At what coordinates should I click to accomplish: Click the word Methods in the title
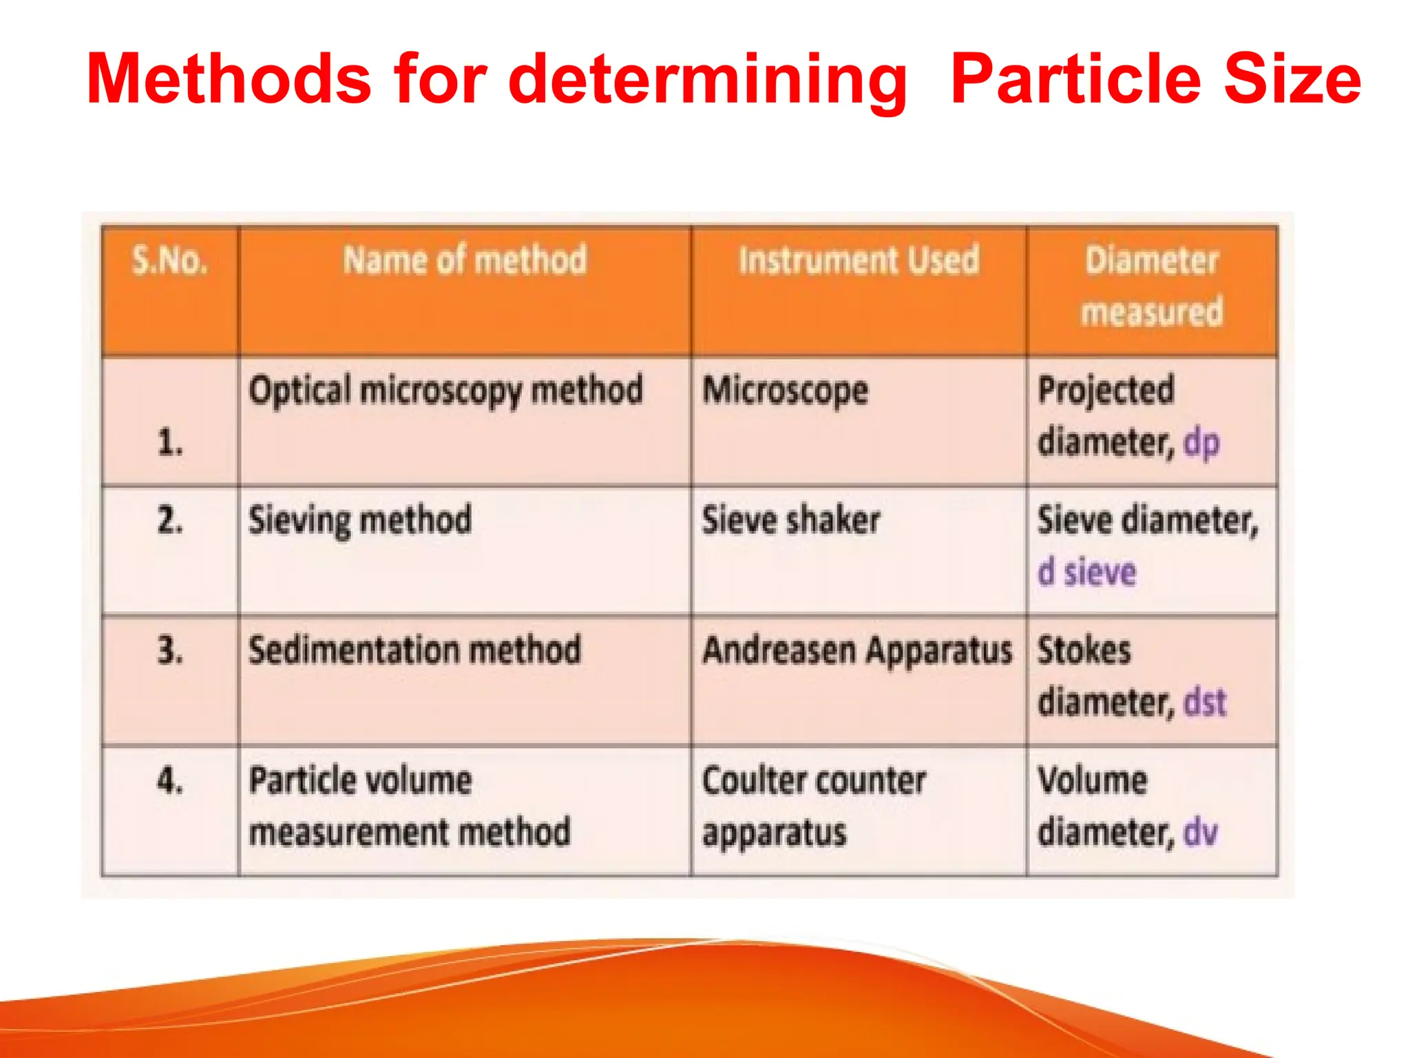pos(229,79)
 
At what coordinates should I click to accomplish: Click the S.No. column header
pos(169,260)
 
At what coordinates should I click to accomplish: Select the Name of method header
pos(465,260)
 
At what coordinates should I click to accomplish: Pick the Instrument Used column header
pos(859,260)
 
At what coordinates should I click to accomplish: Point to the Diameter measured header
pos(1152,286)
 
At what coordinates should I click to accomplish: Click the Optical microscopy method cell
pos(445,391)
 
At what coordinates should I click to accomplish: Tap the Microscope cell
pos(785,391)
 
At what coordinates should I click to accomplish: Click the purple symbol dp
pos(1201,443)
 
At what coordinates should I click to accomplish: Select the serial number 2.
pos(170,520)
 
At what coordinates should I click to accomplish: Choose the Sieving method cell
pos(360,520)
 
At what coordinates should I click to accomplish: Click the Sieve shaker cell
pos(791,520)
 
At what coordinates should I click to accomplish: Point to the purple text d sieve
pos(1087,572)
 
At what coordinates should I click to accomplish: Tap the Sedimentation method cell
pos(414,650)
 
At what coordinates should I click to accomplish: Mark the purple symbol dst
pos(1205,703)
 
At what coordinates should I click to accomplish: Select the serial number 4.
pos(170,780)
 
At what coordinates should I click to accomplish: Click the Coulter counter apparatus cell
pos(813,806)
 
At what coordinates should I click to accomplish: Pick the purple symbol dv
pos(1201,832)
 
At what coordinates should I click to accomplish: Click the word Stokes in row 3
pos(1084,650)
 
